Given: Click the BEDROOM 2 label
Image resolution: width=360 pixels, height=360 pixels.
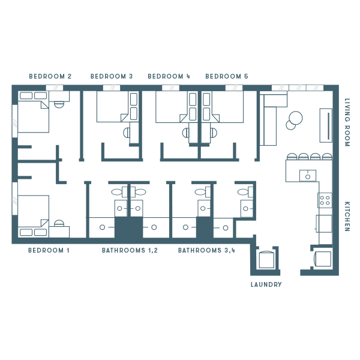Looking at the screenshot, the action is pos(50,76).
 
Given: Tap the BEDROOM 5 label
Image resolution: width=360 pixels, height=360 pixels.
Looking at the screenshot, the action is pos(227,76).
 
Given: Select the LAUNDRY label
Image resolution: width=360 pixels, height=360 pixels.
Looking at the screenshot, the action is pos(266,284).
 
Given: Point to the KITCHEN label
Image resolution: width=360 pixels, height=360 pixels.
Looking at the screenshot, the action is pos(347,217).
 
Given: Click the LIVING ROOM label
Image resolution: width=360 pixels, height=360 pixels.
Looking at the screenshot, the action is pos(347,122).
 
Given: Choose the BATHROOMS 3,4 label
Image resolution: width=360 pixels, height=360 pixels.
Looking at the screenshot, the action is pos(206,250).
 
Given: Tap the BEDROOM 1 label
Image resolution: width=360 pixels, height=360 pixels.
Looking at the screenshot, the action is pos(49,250).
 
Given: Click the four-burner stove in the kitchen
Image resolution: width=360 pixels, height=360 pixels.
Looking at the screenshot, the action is pos(325,200).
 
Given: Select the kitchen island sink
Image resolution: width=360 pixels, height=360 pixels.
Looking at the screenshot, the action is pos(308,176).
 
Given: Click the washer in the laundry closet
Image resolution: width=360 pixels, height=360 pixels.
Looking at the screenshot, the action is pos(266,260).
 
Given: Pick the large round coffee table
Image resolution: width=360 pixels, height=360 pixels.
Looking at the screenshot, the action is pos(296,118).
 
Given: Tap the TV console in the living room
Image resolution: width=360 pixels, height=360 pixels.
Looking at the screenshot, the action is pos(326,125).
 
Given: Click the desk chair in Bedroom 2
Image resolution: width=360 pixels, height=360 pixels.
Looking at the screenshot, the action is pos(59,104).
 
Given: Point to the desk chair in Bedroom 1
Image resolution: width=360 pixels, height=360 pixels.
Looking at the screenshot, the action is pos(59,223).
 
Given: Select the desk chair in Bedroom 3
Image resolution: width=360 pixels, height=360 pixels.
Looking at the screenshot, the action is pos(127,133).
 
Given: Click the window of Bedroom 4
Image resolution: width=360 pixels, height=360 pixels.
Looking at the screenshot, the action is pos(170,88).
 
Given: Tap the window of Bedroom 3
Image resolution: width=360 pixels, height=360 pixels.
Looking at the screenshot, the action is pos(112,88).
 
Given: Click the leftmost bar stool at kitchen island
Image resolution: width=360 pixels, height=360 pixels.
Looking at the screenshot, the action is pos(292,157).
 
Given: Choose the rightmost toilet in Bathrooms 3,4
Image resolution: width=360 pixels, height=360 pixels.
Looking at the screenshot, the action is pos(245,192).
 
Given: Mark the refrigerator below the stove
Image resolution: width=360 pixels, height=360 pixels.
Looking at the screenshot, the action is pos(324,224).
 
